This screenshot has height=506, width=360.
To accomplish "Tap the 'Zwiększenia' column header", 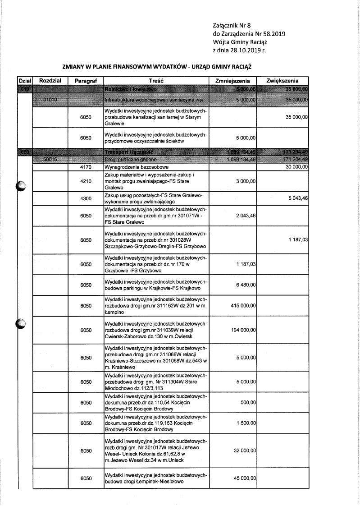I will pyautogui.click(x=283, y=80).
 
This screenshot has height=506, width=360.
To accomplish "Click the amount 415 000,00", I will pyautogui.click(x=243, y=306).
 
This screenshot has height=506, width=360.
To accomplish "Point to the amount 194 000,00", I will pyautogui.click(x=243, y=330).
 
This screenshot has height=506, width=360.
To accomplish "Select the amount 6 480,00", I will pyautogui.click(x=247, y=285).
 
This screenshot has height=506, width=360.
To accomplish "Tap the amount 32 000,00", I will pyautogui.click(x=245, y=451).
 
